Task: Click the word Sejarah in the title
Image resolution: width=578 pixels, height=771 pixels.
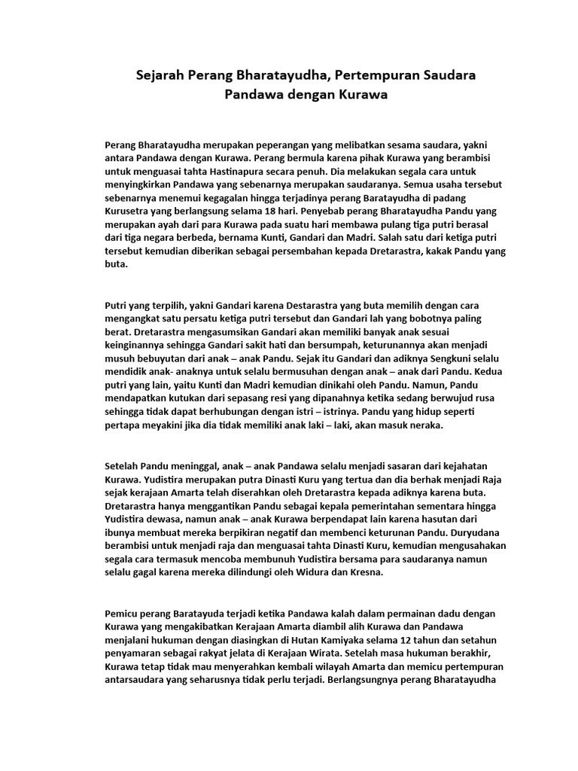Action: click(x=160, y=75)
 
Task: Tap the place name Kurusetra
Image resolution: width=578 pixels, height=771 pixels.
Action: click(x=130, y=212)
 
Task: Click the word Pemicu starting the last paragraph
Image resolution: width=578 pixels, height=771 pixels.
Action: click(x=123, y=613)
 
